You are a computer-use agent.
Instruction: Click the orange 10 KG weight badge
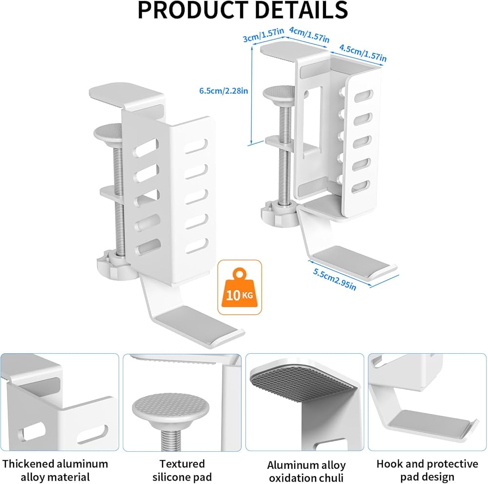coord(239,287)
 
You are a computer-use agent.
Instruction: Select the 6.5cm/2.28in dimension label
coord(224,90)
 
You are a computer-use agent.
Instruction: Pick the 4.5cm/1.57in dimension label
coord(363,53)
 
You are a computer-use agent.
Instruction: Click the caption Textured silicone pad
coord(182,470)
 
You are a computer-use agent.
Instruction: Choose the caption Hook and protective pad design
coord(427,470)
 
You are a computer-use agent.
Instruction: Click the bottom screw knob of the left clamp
coord(111,265)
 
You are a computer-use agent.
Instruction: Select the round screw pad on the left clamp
coord(108,131)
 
